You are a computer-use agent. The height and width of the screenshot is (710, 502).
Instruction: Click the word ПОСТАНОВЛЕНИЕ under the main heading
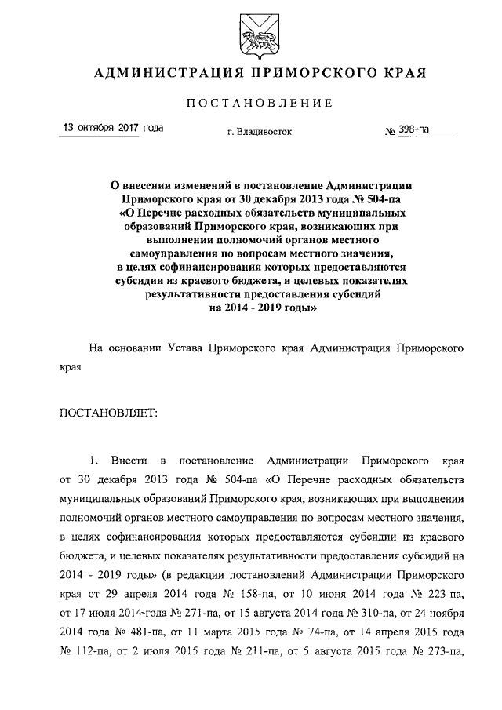(x=260, y=104)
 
